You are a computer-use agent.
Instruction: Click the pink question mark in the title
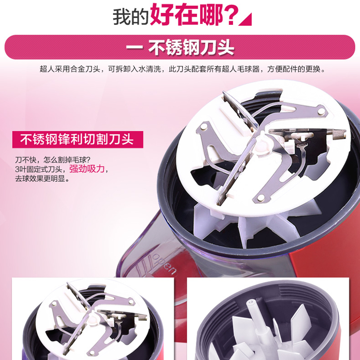tap(230, 15)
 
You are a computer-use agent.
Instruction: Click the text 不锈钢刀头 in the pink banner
tap(191, 47)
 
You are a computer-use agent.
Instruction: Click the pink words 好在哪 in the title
tap(186, 14)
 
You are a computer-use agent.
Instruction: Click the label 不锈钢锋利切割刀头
tap(77, 139)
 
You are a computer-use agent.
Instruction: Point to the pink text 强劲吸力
tap(87, 169)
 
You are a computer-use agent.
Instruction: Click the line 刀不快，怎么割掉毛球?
tap(53, 160)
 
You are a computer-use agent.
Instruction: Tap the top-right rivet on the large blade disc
tap(321, 112)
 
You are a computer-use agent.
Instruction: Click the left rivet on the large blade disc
tap(204, 126)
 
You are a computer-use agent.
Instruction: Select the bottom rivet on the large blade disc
tap(261, 198)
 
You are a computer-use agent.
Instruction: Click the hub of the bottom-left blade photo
tap(92, 319)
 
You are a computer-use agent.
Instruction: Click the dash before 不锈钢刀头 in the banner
tap(135, 48)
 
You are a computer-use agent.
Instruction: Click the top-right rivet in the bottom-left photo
tap(131, 301)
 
